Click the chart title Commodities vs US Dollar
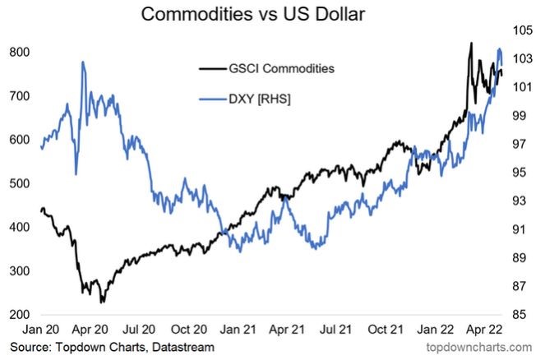[x=272, y=15]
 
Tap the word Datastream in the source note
[x=183, y=348]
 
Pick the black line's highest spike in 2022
[x=471, y=43]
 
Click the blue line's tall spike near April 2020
[x=83, y=62]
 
